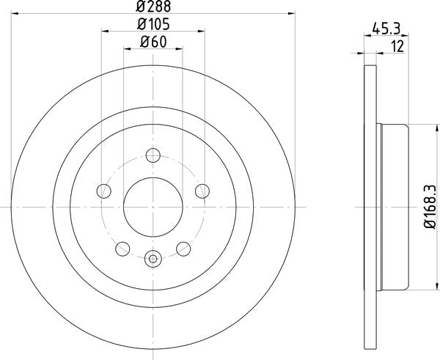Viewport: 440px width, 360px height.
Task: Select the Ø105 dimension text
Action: [x=153, y=25]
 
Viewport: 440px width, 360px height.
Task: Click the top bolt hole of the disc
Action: [x=153, y=155]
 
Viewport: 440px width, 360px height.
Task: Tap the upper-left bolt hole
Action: [x=104, y=191]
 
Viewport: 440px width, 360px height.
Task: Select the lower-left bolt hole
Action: [x=122, y=249]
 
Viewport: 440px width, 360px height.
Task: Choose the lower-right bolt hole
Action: [x=183, y=249]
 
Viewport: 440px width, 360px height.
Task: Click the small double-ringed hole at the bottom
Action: [x=153, y=257]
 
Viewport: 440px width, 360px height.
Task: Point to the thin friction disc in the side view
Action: [x=369, y=207]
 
